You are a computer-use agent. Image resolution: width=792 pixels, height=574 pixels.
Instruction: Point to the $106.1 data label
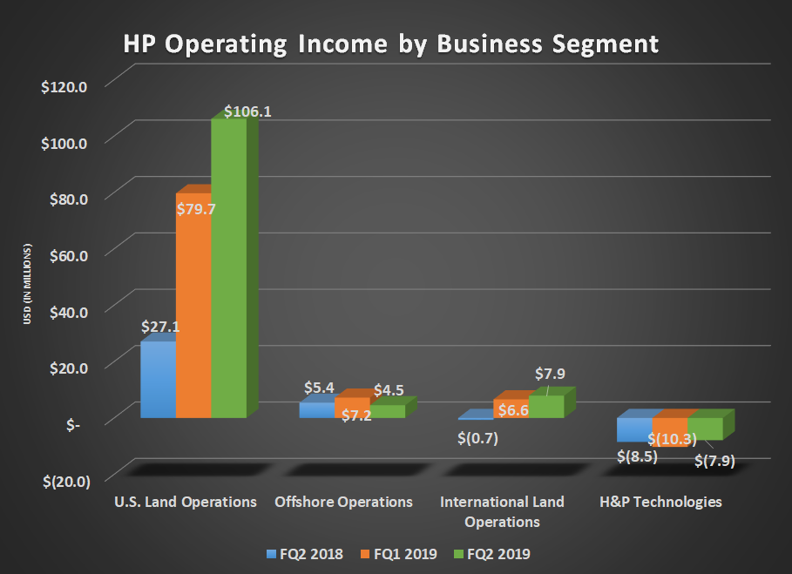click(247, 112)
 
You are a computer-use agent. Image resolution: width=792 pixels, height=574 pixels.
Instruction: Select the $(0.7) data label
click(477, 438)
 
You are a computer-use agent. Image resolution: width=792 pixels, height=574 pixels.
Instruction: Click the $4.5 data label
click(389, 390)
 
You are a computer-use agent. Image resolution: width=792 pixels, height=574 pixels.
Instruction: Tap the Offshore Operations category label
click(343, 503)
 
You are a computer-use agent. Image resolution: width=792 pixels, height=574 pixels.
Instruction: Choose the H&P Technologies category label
click(660, 503)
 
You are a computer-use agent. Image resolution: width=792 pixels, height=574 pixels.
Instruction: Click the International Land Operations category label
click(502, 512)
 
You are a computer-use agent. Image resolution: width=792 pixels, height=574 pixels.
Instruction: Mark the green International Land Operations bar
click(546, 407)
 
